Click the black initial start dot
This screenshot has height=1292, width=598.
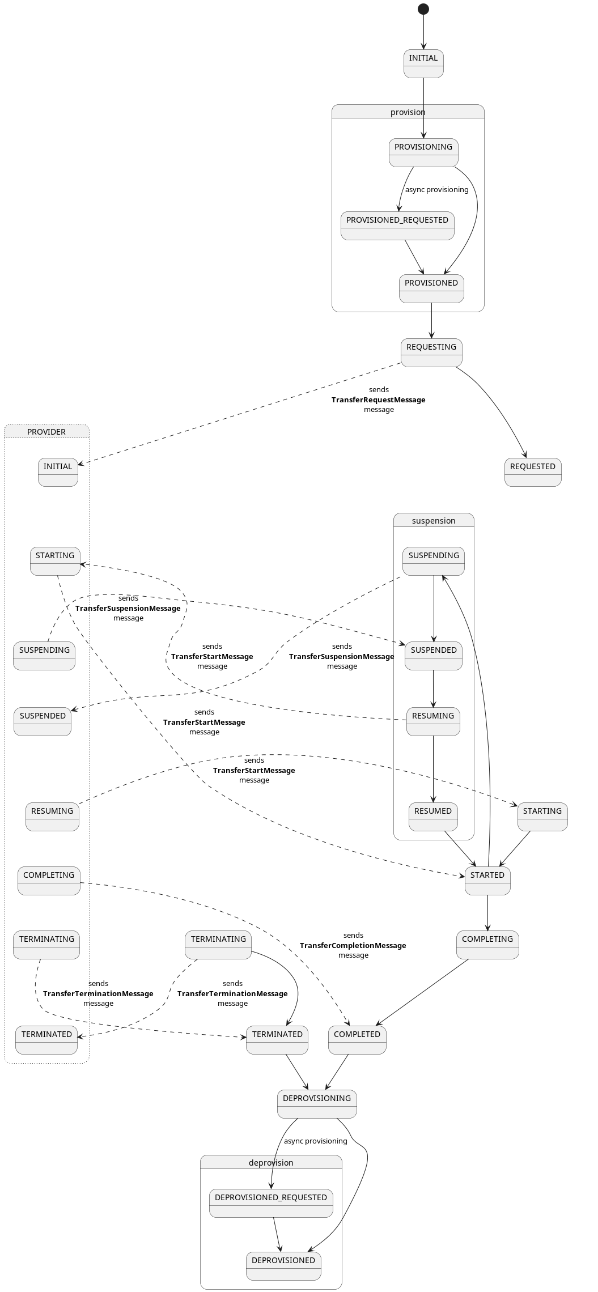click(423, 9)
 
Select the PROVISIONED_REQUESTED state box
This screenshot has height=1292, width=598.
click(397, 226)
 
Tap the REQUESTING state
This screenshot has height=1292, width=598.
click(431, 352)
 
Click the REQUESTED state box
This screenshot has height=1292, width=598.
click(532, 472)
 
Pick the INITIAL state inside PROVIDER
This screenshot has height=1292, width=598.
click(58, 472)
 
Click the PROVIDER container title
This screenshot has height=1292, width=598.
click(46, 432)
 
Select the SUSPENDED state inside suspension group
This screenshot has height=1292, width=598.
click(433, 656)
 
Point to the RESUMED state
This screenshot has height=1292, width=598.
click(432, 817)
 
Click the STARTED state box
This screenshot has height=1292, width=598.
click(487, 881)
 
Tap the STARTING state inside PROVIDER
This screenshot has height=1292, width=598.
click(55, 561)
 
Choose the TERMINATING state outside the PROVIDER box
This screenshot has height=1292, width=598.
click(218, 945)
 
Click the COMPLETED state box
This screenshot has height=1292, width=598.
click(357, 1040)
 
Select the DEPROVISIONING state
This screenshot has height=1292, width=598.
click(316, 1104)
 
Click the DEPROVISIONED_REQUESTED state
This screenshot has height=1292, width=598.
click(271, 1203)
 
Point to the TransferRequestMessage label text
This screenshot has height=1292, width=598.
click(378, 400)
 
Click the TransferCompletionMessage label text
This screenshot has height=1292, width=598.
click(353, 945)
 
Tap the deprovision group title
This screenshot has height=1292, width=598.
click(271, 1163)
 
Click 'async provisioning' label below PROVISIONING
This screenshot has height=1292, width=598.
click(436, 190)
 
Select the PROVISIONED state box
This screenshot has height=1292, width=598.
click(431, 288)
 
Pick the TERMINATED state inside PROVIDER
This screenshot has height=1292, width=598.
click(46, 1040)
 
